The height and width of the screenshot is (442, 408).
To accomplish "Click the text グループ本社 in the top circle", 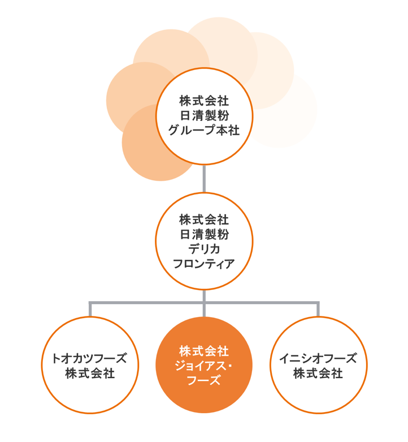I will pyautogui.click(x=204, y=131).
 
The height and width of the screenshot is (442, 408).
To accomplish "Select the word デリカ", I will pyautogui.click(x=204, y=248).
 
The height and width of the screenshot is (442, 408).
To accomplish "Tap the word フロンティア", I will pyautogui.click(x=204, y=263).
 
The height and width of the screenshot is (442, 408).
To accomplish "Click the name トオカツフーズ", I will pyautogui.click(x=90, y=358).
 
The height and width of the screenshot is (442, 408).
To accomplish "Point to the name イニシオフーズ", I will pyautogui.click(x=318, y=358).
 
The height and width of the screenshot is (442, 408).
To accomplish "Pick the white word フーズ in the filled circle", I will pyautogui.click(x=204, y=380).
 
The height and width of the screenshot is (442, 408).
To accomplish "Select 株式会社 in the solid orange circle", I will pyautogui.click(x=204, y=350).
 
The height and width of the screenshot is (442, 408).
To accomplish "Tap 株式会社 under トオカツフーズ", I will pyautogui.click(x=90, y=373).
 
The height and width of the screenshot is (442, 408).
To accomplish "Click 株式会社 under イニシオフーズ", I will pyautogui.click(x=318, y=373).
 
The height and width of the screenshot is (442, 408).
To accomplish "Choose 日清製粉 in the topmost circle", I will pyautogui.click(x=204, y=116).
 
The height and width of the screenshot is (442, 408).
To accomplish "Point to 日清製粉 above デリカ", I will pyautogui.click(x=204, y=233).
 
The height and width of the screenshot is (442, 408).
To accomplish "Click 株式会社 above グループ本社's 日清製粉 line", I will pyautogui.click(x=204, y=101).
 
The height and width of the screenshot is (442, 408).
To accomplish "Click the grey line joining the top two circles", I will pyautogui.click(x=204, y=179).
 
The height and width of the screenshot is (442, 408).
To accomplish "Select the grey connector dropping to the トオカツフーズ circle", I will pyautogui.click(x=90, y=310).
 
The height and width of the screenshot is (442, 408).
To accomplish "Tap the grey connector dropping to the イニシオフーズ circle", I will pyautogui.click(x=318, y=310).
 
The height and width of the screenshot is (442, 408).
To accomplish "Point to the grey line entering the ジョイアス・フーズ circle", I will pyautogui.click(x=204, y=310).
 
